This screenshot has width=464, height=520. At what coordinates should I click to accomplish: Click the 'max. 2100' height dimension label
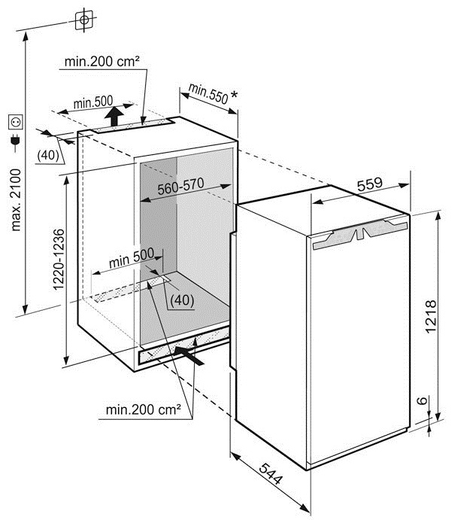16,200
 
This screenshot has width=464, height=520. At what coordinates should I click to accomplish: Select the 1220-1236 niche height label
59,260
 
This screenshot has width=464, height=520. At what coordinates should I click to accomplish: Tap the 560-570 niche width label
180,187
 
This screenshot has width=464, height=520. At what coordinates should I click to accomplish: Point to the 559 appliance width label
370,184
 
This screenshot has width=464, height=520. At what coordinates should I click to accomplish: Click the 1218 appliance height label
430,317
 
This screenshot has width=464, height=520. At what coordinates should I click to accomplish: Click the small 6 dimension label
422,400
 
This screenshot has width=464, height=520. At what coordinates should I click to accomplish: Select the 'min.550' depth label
208,94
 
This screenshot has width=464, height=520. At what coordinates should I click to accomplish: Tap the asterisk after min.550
234,95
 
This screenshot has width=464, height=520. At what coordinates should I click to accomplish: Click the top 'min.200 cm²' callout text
102,62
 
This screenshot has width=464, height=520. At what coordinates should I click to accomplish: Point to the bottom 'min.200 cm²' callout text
143,409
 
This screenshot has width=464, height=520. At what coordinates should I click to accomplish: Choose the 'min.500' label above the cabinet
93,102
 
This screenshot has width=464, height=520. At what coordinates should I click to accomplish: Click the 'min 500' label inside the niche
132,257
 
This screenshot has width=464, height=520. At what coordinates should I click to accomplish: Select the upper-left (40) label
48,155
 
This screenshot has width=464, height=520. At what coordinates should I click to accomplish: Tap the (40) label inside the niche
182,300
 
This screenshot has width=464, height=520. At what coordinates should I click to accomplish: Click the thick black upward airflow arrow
114,116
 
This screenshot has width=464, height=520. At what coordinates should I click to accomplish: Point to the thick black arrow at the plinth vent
189,355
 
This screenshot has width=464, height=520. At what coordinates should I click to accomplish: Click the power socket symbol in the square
16,123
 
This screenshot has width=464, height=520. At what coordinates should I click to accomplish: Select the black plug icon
15,141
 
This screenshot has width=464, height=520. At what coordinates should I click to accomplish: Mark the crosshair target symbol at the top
84,20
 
